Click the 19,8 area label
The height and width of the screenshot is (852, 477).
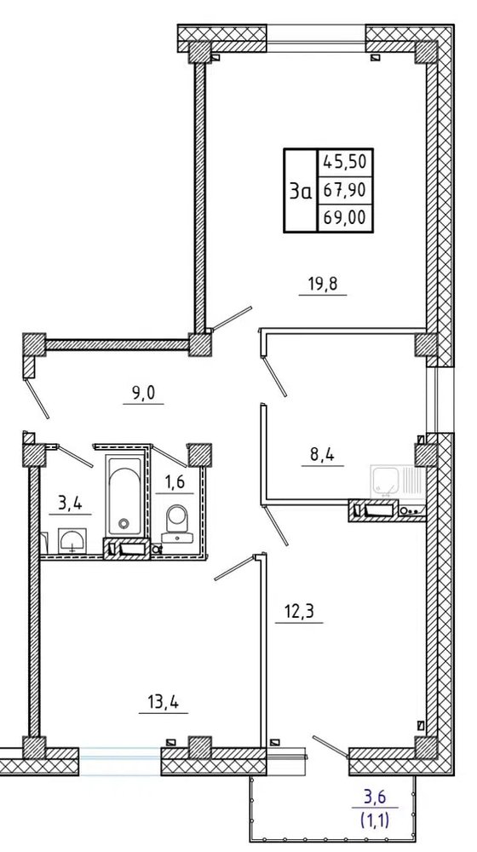(322, 284)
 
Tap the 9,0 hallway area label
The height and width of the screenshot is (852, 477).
(143, 392)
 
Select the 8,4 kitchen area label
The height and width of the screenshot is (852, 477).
(322, 454)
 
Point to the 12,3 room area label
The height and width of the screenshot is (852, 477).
(299, 612)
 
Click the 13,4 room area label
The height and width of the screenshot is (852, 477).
(163, 703)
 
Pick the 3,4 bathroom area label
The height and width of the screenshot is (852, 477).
(70, 504)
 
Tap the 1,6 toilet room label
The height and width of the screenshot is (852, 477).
(175, 482)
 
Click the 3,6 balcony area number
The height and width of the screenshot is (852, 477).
(376, 797)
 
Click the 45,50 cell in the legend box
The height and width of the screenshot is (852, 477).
(346, 162)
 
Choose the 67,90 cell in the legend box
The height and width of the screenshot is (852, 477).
(346, 190)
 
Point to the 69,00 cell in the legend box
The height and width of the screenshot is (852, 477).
(346, 218)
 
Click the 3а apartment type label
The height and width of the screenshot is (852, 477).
(301, 191)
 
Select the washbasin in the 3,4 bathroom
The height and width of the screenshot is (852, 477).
(72, 540)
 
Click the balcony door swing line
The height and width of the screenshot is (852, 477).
(330, 746)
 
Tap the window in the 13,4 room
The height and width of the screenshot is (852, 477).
(119, 760)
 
